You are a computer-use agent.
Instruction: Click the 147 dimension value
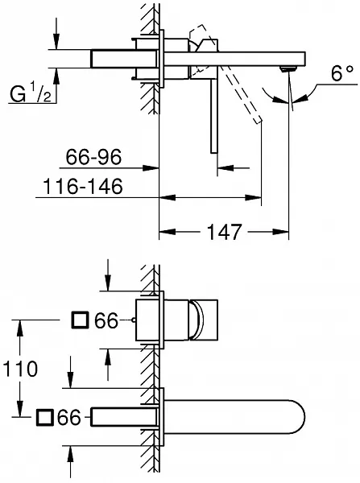click(224, 232)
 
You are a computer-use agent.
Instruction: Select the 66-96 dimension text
click(93, 157)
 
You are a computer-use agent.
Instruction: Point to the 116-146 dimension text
click(83, 186)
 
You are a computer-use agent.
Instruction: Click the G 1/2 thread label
click(31, 93)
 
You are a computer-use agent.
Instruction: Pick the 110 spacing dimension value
click(20, 369)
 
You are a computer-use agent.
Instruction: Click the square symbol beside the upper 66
click(81, 320)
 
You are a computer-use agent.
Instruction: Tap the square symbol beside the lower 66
click(45, 417)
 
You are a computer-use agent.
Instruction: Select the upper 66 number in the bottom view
click(106, 320)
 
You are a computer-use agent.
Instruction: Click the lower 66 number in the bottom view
click(69, 418)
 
